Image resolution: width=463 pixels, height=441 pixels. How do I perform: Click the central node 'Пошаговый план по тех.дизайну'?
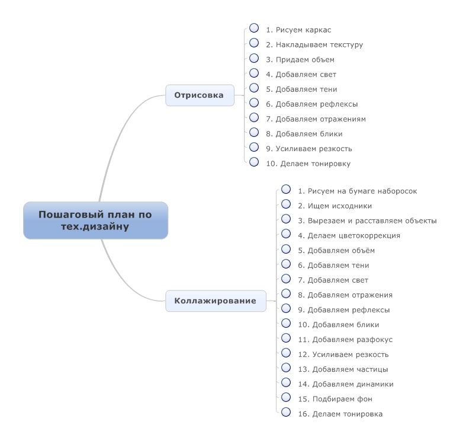[x=96, y=220]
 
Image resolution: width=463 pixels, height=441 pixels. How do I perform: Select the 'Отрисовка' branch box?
[x=200, y=95]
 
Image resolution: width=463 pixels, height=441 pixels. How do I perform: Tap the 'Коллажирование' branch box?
[x=216, y=301]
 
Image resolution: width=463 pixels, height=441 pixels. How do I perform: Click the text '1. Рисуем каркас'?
[x=298, y=30]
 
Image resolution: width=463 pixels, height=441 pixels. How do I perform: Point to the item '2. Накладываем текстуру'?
[x=314, y=44]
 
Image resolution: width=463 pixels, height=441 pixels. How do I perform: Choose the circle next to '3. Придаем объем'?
[x=254, y=58]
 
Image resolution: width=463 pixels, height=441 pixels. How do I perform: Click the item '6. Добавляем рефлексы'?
[x=312, y=104]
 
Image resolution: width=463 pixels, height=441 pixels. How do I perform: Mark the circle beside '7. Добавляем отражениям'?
[x=254, y=117]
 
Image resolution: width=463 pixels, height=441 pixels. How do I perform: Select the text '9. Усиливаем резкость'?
[x=309, y=149]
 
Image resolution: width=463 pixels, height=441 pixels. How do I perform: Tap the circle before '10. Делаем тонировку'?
[x=254, y=162]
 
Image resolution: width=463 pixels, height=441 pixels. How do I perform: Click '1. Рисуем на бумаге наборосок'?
[x=357, y=191]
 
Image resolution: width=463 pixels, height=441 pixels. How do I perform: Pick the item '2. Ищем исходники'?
[x=335, y=206]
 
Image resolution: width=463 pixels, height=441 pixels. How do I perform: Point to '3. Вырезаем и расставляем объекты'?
[x=367, y=220]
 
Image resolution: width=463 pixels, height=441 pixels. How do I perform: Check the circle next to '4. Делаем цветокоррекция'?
[x=286, y=234]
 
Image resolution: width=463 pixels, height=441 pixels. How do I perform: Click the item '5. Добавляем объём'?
[x=336, y=251]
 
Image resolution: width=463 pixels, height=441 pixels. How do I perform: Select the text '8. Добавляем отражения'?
[x=345, y=295]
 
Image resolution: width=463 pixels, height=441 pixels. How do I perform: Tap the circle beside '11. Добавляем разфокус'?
[x=286, y=338]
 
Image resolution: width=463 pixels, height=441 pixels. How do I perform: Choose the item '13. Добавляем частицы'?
[x=343, y=369]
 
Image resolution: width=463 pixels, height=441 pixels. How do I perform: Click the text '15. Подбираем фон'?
[x=335, y=399]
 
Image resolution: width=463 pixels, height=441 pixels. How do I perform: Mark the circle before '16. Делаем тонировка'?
[x=286, y=412]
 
